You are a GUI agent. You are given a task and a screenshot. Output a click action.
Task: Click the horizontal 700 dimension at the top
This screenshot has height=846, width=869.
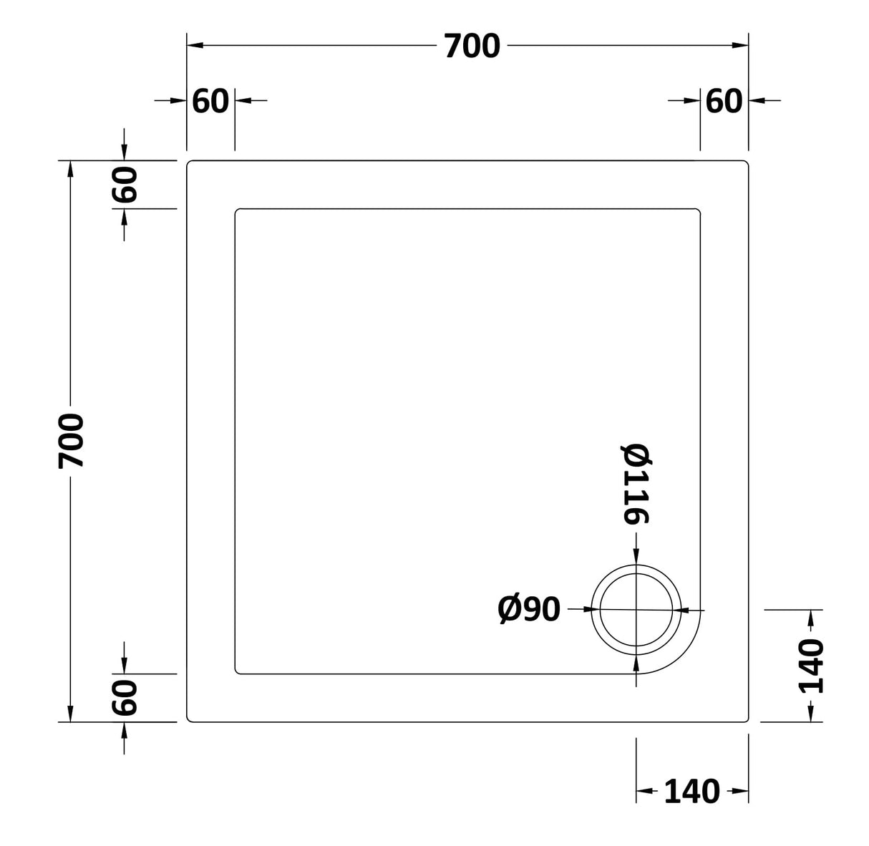pos(472,47)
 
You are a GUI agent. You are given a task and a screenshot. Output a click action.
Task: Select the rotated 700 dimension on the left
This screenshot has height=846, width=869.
pos(72,440)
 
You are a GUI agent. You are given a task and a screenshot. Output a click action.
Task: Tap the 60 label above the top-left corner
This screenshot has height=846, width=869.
pos(210,101)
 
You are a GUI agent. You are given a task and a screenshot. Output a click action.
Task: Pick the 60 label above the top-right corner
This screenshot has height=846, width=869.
pos(724,101)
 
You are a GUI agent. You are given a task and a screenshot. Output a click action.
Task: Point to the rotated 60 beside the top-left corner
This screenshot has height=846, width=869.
pos(125,184)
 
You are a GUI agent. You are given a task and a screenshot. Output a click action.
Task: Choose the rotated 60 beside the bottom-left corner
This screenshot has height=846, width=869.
pos(125,698)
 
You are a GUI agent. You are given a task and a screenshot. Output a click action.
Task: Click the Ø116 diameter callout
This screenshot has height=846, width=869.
pos(636,485)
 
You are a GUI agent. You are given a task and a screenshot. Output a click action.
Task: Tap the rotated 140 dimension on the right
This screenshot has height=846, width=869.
pos(811,666)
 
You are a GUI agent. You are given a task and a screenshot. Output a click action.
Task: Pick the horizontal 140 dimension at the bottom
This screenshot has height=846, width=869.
pos(691,791)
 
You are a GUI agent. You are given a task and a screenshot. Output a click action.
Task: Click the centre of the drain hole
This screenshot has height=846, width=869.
pos(636,610)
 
